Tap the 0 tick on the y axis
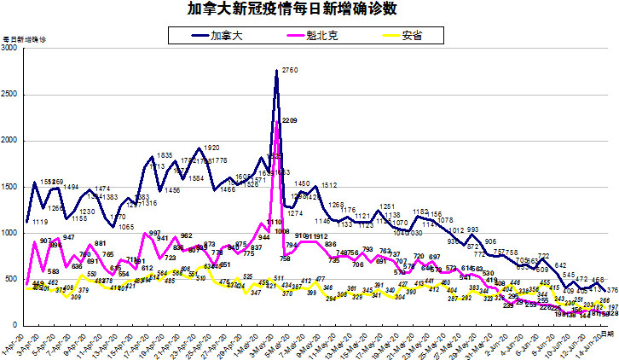click(16, 325)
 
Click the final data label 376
click(611, 290)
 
